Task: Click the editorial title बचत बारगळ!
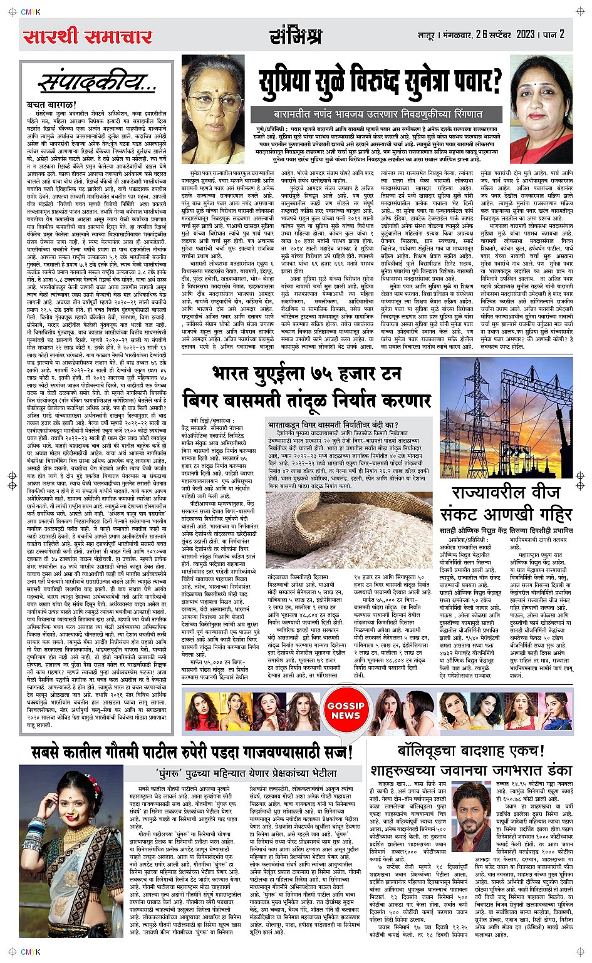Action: tap(51, 104)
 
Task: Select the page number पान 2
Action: tap(554, 34)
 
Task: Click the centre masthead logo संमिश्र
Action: tap(296, 36)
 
